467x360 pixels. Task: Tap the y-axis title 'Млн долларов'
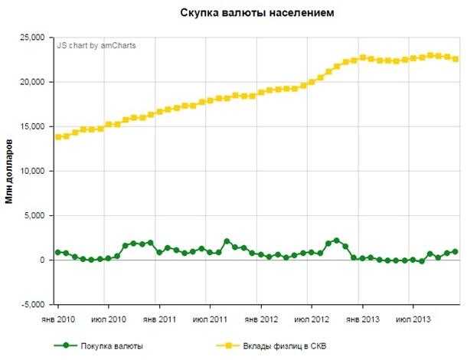[11, 171]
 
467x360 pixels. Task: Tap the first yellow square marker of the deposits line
[57, 137]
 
